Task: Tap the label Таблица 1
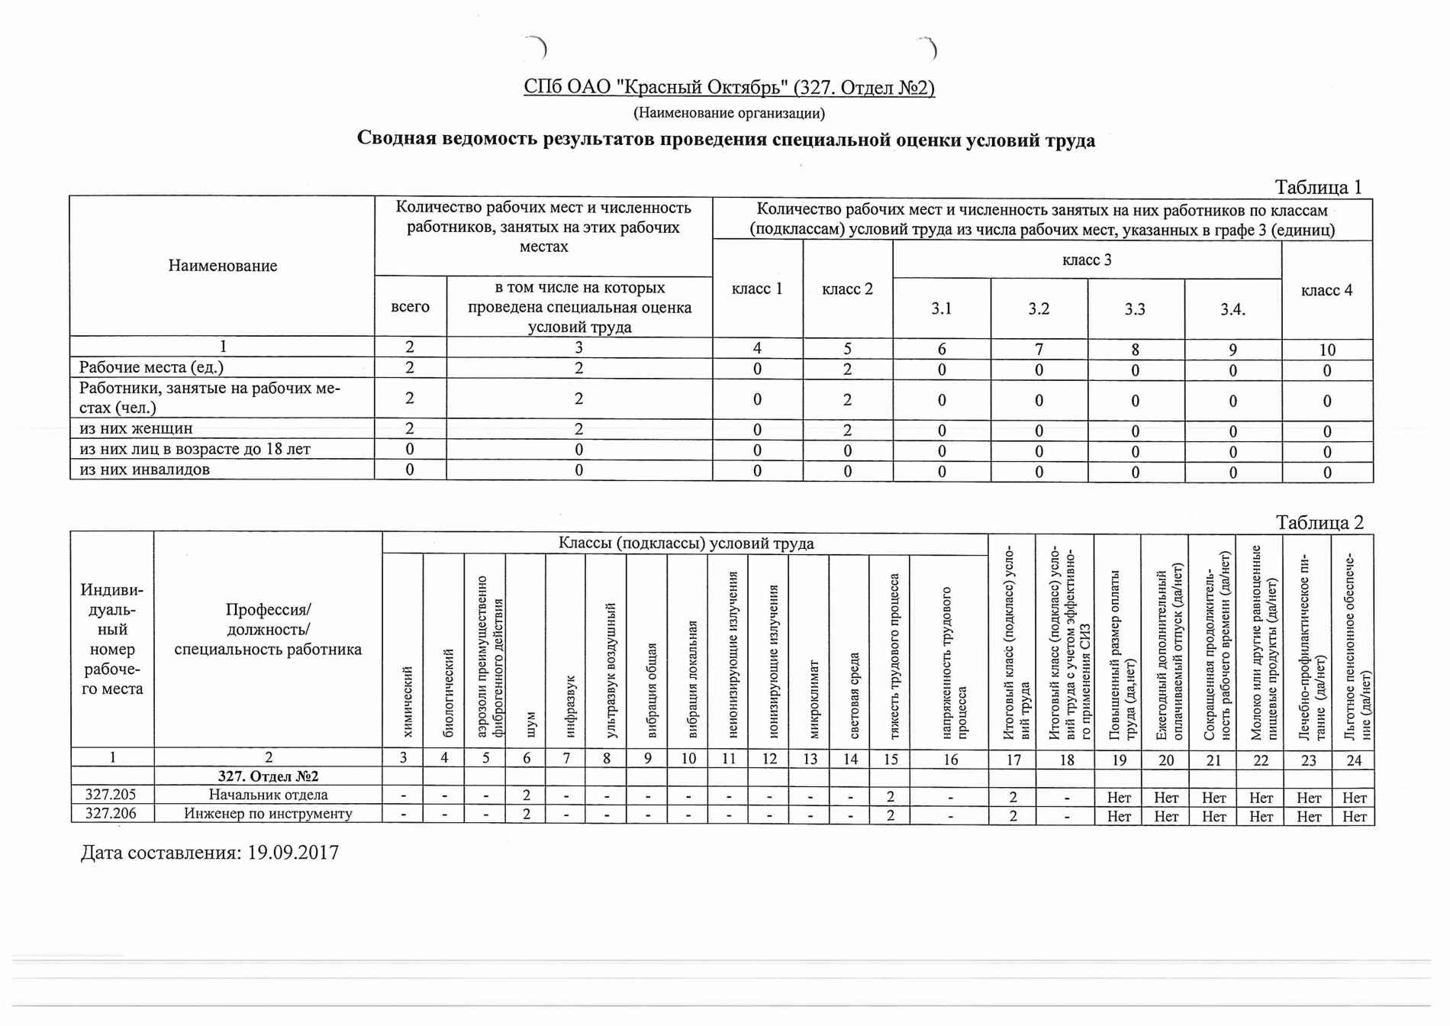tap(1318, 187)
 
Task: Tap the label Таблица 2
tap(1319, 522)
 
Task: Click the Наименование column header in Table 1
tap(222, 266)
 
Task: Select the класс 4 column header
tap(1326, 290)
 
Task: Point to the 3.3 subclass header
tap(1135, 309)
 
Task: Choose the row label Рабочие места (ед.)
tap(151, 367)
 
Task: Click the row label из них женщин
tap(136, 428)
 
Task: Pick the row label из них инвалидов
tap(144, 469)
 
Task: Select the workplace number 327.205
tap(111, 795)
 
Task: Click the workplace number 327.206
tap(111, 813)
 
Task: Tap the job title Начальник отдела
tap(268, 795)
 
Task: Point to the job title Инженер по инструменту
tap(268, 813)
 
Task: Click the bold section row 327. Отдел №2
tap(268, 776)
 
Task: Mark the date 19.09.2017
tap(293, 853)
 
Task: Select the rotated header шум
tap(531, 724)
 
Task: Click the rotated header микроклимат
tap(814, 699)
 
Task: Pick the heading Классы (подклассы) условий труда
tap(685, 544)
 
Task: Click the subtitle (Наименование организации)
tap(729, 114)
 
